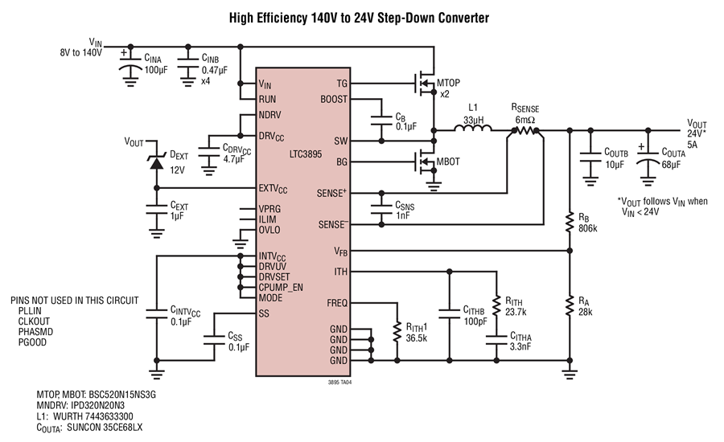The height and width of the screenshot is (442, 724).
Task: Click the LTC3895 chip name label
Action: [x=305, y=154]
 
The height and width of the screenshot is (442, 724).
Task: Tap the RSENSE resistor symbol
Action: [x=525, y=130]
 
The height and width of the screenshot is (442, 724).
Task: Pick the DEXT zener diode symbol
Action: [x=157, y=162]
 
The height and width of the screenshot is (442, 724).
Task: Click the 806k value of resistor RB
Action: [x=587, y=228]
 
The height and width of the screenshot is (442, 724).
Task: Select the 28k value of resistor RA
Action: [x=586, y=312]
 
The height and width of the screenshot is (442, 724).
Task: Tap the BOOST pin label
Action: [x=334, y=99]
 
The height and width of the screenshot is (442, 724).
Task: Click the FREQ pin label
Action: [x=337, y=303]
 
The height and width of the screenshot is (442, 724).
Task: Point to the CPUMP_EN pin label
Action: [x=281, y=288]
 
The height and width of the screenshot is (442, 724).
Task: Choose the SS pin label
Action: [x=264, y=313]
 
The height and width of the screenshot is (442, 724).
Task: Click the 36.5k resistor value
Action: [x=417, y=338]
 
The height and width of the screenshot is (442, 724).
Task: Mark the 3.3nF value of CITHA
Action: [x=520, y=346]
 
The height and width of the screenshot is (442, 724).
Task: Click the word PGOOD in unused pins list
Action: [x=32, y=342]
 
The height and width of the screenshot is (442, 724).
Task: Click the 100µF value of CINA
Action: [x=156, y=70]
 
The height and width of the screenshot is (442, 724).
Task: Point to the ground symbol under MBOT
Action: [x=434, y=186]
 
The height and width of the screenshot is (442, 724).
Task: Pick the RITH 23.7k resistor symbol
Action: [x=496, y=305]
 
